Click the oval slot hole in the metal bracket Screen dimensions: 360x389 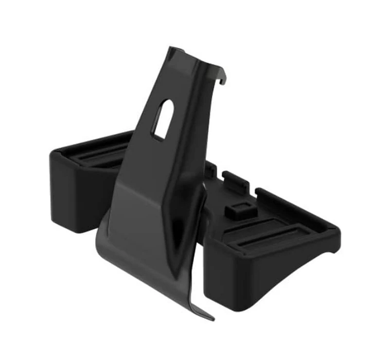click(x=161, y=120)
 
